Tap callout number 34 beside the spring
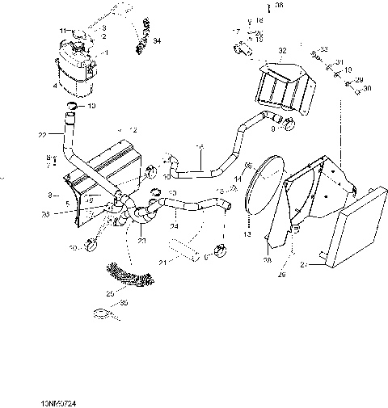pyautogui.click(x=157, y=40)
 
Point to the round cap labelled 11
pyautogui.click(x=78, y=35)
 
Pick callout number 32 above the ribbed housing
pyautogui.click(x=283, y=51)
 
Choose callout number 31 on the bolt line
pyautogui.click(x=339, y=62)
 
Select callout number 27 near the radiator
pyautogui.click(x=304, y=263)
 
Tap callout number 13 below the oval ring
pyautogui.click(x=248, y=233)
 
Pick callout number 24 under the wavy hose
pyautogui.click(x=173, y=227)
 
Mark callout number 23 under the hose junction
pyautogui.click(x=142, y=240)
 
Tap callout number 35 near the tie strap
pyautogui.click(x=124, y=305)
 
